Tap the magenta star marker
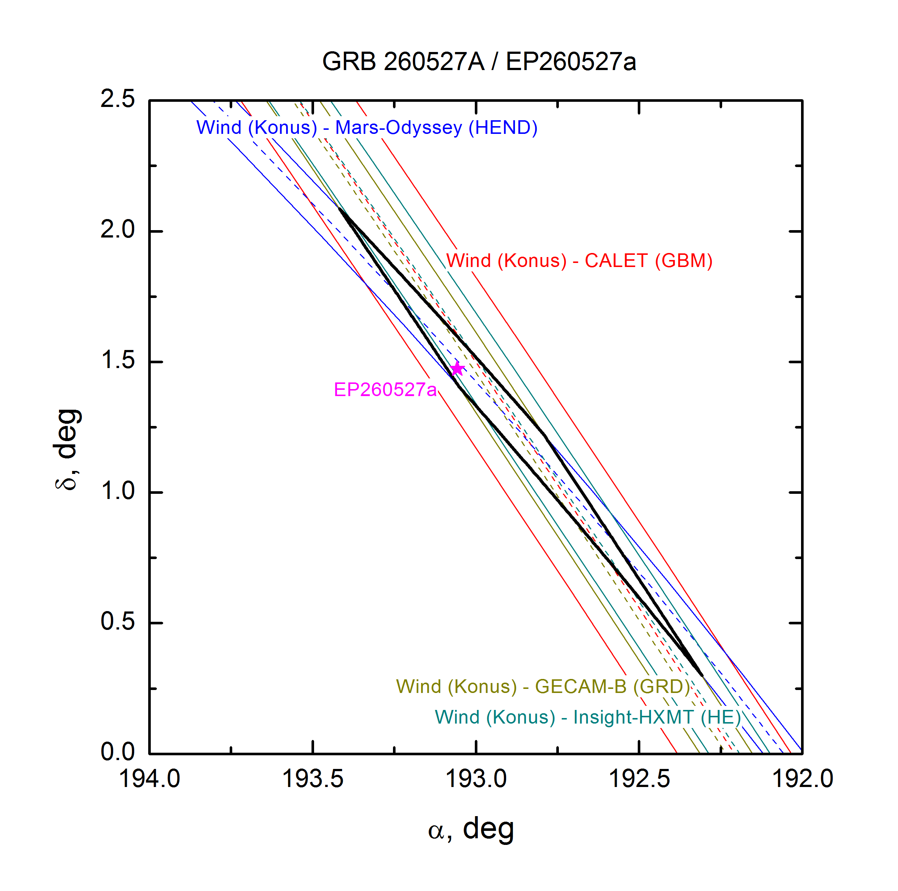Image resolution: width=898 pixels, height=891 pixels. pyautogui.click(x=457, y=369)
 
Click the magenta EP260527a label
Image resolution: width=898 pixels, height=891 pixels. pyautogui.click(x=385, y=390)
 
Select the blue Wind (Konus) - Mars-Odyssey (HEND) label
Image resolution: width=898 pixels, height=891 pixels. pyautogui.click(x=367, y=128)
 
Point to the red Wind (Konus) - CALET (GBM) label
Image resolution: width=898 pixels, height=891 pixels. pyautogui.click(x=579, y=261)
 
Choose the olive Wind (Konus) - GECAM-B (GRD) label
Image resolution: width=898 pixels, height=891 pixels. pyautogui.click(x=543, y=686)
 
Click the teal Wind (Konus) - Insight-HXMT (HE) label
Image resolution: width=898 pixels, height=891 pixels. pyautogui.click(x=588, y=717)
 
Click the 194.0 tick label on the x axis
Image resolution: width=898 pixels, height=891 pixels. pyautogui.click(x=149, y=779)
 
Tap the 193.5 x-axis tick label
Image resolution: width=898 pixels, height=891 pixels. pyautogui.click(x=313, y=779)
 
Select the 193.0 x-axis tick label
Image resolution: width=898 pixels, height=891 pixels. pyautogui.click(x=476, y=779)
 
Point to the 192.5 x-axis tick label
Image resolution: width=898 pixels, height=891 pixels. pyautogui.click(x=639, y=779)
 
